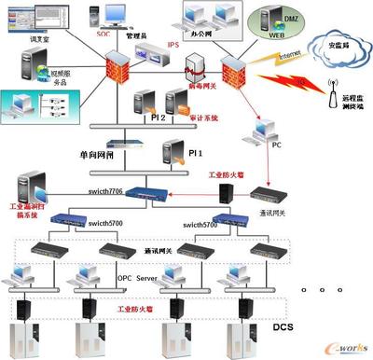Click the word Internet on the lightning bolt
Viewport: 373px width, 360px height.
273,57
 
